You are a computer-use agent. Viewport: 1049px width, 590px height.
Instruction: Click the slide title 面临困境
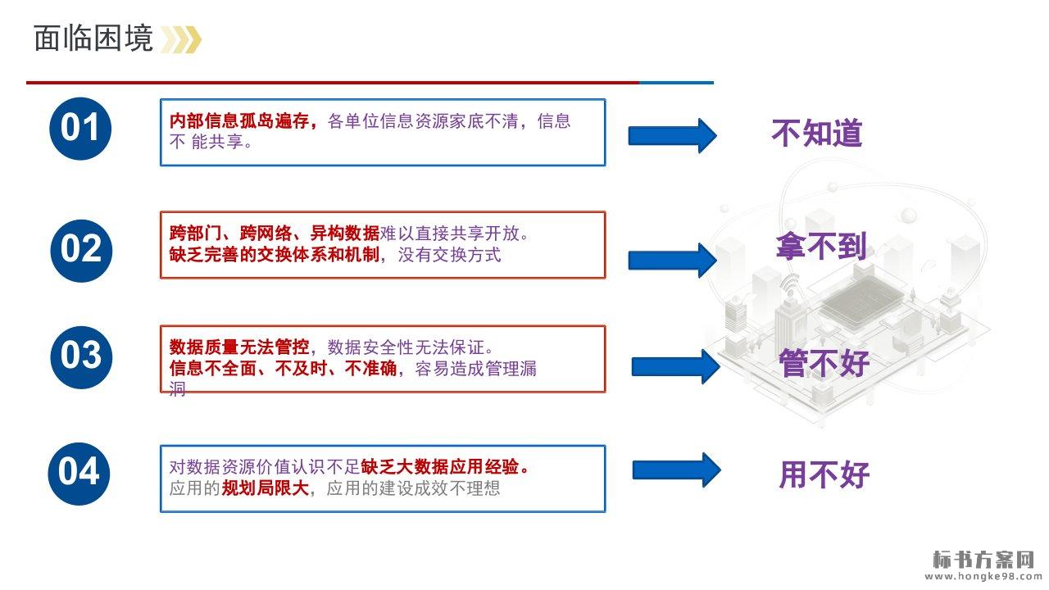click(93, 39)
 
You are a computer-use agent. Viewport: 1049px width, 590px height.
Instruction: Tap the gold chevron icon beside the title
click(180, 39)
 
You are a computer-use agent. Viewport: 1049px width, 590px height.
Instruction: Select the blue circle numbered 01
click(80, 129)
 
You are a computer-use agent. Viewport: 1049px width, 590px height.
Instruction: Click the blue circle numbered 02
click(80, 249)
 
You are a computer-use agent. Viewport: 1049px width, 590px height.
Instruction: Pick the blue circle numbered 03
click(80, 356)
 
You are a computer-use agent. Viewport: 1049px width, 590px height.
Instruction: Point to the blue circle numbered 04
click(79, 473)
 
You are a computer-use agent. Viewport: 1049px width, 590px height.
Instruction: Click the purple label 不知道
click(817, 133)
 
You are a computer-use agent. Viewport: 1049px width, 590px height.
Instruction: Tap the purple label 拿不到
click(821, 246)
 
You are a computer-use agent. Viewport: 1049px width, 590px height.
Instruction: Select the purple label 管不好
click(824, 363)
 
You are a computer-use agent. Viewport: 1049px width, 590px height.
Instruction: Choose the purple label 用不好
click(824, 474)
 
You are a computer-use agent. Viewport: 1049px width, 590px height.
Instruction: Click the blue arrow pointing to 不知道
click(671, 135)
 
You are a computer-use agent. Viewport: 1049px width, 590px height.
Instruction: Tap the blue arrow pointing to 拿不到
click(671, 260)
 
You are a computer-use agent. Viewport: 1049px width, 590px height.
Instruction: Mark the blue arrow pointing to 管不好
click(674, 365)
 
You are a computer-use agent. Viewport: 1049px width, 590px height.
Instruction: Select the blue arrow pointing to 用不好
click(675, 470)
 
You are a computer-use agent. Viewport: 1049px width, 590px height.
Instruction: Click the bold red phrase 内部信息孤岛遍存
click(242, 122)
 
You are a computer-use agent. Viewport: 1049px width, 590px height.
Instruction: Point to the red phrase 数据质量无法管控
click(238, 347)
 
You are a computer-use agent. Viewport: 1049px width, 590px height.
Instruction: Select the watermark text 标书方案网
click(984, 560)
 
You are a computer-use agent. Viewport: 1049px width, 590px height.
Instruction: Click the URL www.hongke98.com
click(984, 577)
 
